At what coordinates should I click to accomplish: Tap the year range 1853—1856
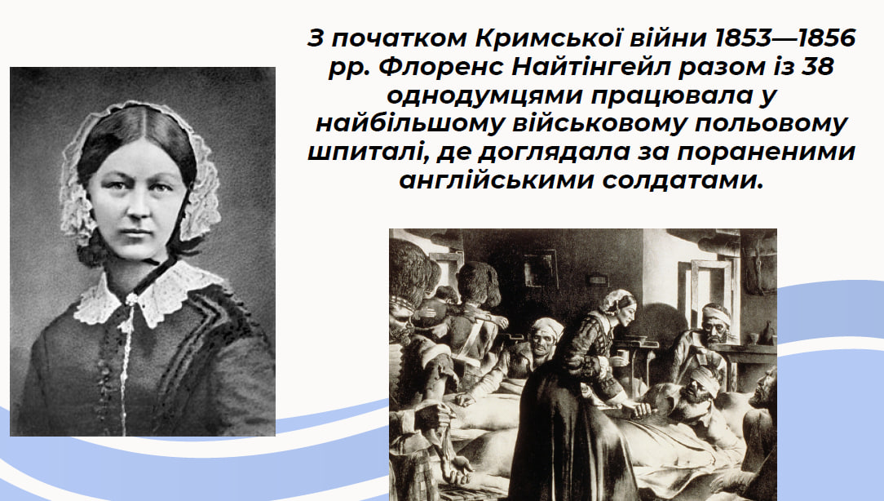point(785,38)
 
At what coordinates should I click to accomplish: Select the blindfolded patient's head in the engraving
point(698,389)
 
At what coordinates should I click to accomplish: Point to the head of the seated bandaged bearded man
point(716,324)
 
